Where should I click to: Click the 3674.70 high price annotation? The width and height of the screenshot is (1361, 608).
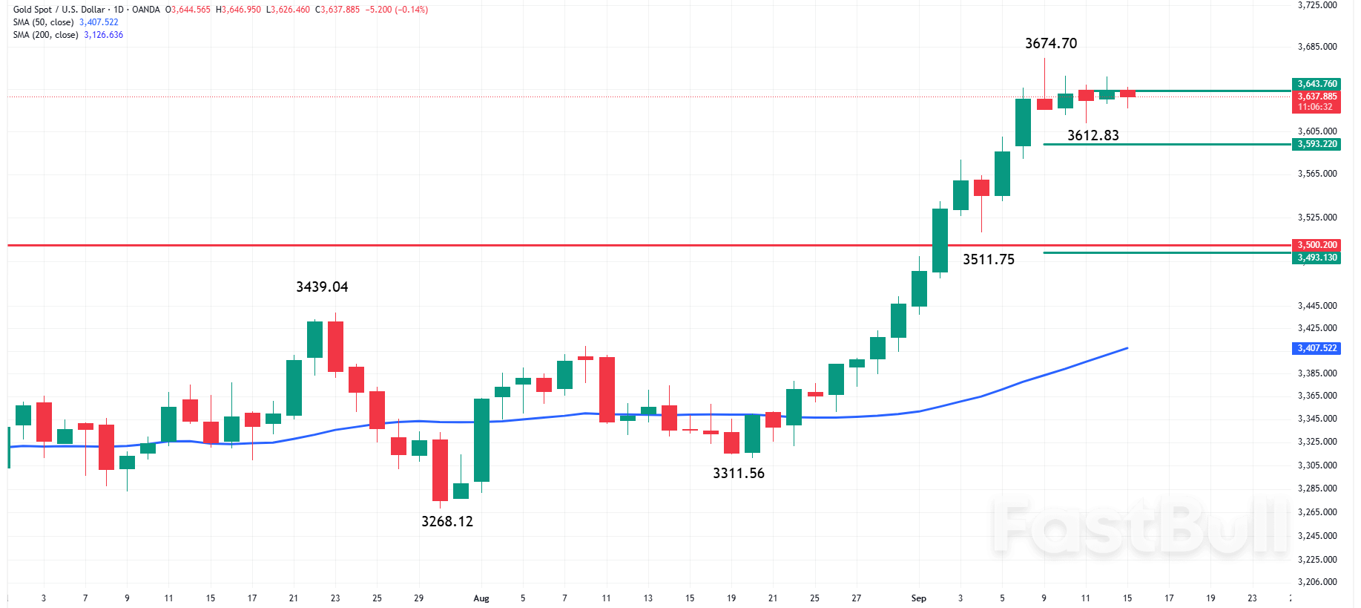click(x=1050, y=44)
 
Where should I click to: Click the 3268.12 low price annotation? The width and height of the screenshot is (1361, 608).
click(x=446, y=521)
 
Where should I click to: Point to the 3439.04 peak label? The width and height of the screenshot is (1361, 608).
click(x=321, y=287)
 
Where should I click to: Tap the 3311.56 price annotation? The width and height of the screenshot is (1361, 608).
click(x=738, y=473)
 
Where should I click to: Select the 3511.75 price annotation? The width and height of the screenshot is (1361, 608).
click(x=988, y=259)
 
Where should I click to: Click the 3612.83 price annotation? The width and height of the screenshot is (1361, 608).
click(x=1093, y=135)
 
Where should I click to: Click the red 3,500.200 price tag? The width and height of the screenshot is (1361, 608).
click(x=1316, y=245)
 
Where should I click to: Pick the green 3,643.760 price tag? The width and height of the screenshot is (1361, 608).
click(x=1316, y=84)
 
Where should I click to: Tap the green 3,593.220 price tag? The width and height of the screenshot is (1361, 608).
click(x=1316, y=144)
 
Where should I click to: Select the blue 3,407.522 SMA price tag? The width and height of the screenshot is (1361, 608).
click(x=1316, y=348)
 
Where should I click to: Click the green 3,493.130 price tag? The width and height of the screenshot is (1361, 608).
click(x=1316, y=258)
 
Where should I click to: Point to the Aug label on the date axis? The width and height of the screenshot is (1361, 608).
click(x=481, y=598)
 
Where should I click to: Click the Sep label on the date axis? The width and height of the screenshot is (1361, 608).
click(x=918, y=598)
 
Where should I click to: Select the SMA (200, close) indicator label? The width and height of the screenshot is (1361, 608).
click(x=45, y=35)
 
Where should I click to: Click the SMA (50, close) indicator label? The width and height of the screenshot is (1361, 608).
click(x=43, y=22)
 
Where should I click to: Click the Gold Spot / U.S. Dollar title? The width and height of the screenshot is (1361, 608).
click(x=59, y=10)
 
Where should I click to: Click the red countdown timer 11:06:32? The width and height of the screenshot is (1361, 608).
click(x=1314, y=107)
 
